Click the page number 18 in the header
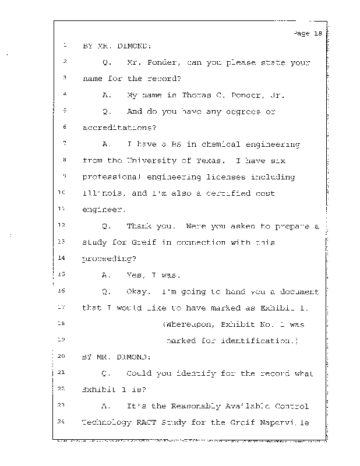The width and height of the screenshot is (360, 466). coord(317,33)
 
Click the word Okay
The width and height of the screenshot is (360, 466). coord(137,291)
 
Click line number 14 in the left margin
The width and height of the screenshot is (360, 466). coord(63,257)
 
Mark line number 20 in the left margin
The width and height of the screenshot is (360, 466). coord(63,355)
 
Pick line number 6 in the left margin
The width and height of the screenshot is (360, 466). coord(63,127)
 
